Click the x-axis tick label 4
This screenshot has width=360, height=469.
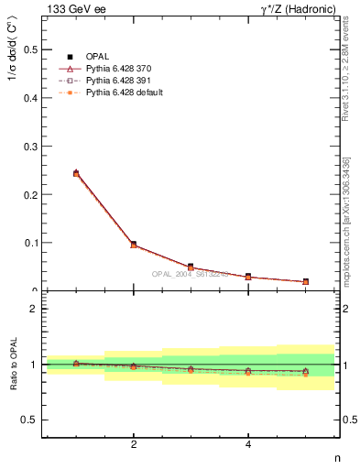click(x=248, y=444)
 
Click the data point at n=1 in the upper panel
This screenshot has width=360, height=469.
click(x=76, y=172)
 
